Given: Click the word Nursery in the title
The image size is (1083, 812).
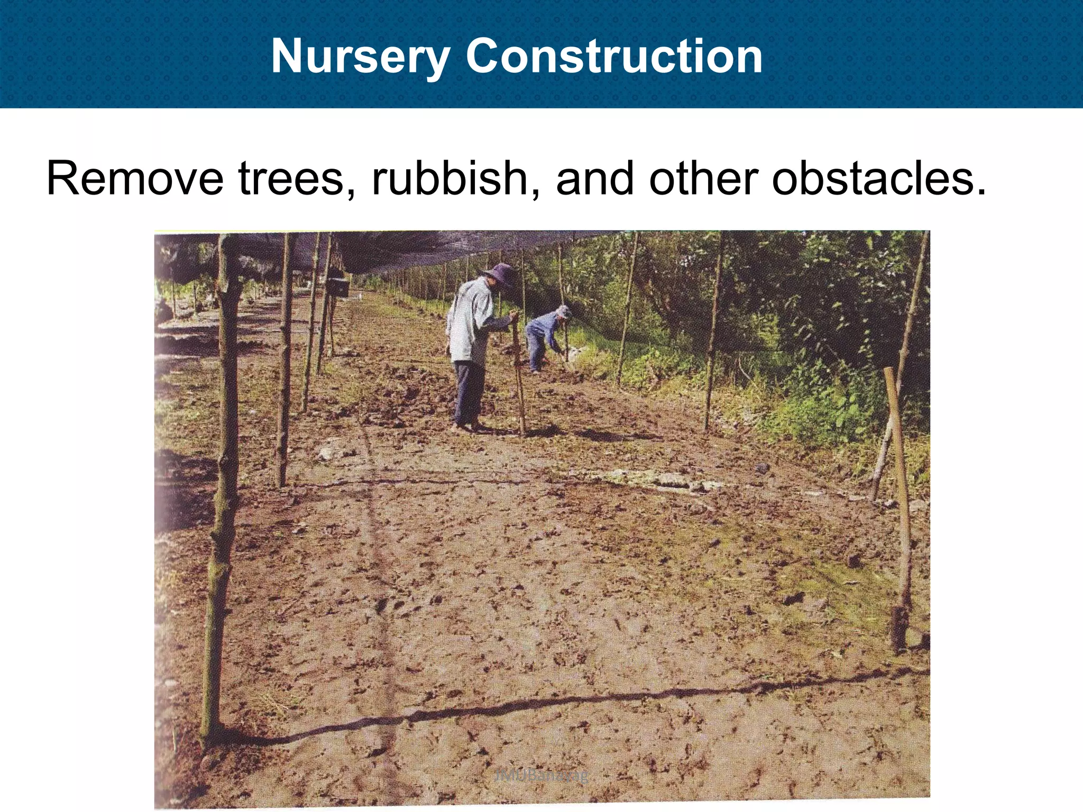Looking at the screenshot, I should (x=360, y=57).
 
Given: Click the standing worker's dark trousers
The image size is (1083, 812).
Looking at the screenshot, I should (x=469, y=391).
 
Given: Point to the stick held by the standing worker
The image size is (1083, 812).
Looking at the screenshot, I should (x=518, y=381).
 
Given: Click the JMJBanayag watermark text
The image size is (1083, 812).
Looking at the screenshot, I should (x=541, y=776).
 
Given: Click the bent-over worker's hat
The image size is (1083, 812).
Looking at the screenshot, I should (x=564, y=311).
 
